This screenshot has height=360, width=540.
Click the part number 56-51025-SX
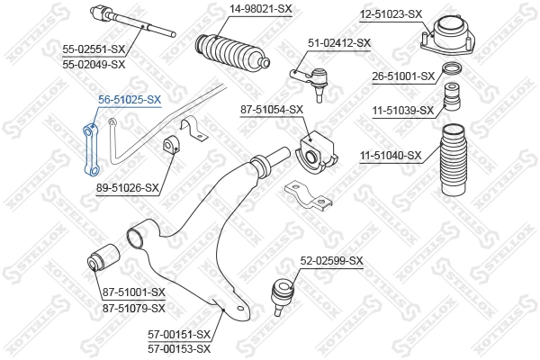tap(130, 100)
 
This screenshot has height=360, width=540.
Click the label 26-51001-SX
tap(402, 76)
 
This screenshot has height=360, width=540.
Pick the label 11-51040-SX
tap(391, 156)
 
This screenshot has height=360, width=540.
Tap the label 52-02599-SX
tap(331, 261)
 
